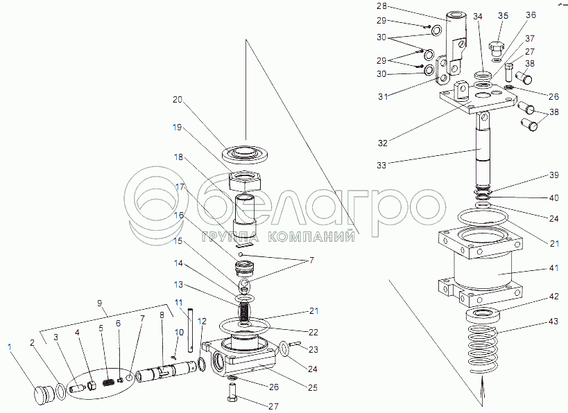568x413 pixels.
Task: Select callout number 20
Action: point(178,100)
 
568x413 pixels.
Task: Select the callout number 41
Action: point(553,267)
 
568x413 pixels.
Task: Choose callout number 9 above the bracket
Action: point(100,303)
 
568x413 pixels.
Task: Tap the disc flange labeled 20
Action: point(246,152)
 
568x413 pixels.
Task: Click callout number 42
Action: point(553,296)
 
